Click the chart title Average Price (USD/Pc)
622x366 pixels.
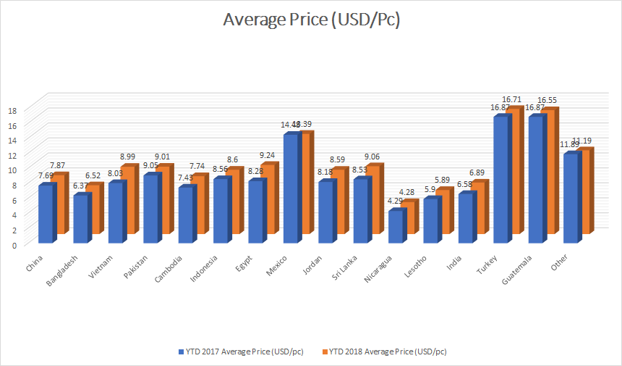311,22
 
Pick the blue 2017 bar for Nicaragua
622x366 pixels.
396,226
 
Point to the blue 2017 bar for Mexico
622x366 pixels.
291,188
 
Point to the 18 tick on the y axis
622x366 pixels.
12,110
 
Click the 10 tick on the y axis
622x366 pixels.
12,170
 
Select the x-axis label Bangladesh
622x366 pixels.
73,273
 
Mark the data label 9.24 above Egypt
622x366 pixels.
268,155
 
